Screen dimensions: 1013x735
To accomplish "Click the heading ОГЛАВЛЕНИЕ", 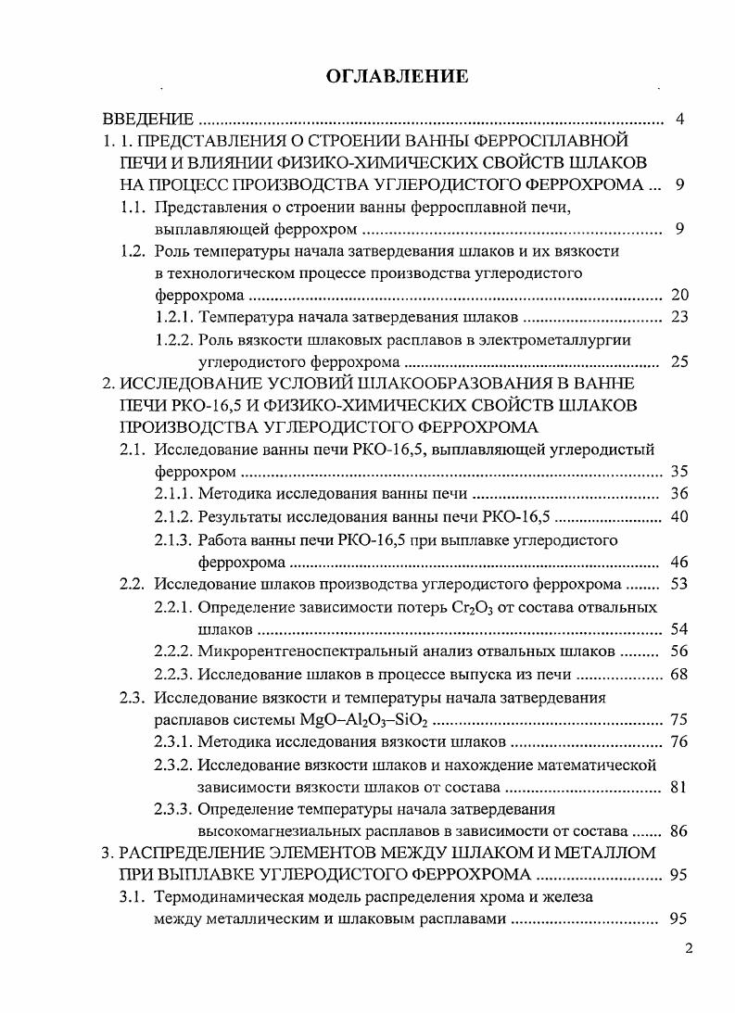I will [x=397, y=77].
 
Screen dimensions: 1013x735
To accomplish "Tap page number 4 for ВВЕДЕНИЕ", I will [x=680, y=120].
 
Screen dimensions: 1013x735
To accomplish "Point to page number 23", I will [x=678, y=318].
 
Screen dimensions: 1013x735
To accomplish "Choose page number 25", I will [x=678, y=361].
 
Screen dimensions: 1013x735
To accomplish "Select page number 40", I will [x=678, y=517].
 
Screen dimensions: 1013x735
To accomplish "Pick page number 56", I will [x=678, y=651].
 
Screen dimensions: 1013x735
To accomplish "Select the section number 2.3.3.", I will [x=173, y=808].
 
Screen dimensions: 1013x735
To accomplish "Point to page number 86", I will [x=678, y=830].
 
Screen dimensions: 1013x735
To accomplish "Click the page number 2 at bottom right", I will [x=689, y=948].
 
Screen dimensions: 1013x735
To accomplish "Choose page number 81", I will [x=678, y=787].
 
